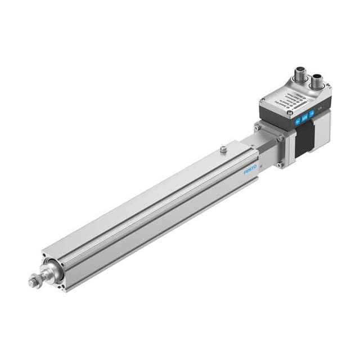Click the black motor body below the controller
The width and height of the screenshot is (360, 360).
coord(304,141)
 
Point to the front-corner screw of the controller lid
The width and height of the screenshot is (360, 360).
coord(290,113)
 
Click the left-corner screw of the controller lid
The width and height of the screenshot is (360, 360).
coord(262,101)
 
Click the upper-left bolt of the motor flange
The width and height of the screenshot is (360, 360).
coord(257,128)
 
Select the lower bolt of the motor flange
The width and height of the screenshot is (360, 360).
coord(278,165)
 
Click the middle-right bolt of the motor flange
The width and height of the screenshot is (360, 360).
coord(280,139)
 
